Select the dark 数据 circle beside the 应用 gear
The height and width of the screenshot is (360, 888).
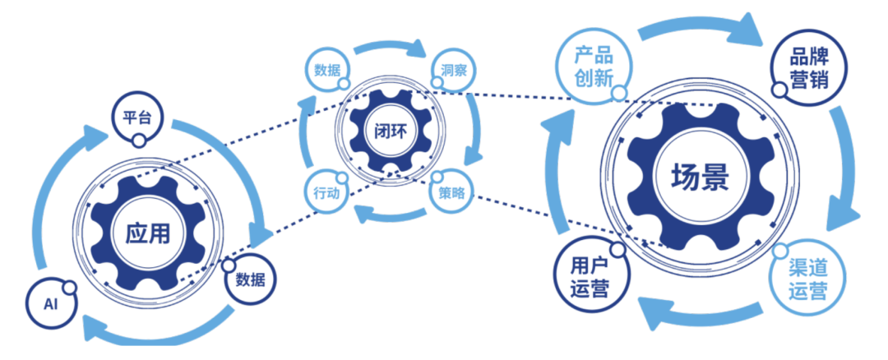pos(250,279)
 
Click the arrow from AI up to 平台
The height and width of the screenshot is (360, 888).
pos(62,189)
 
